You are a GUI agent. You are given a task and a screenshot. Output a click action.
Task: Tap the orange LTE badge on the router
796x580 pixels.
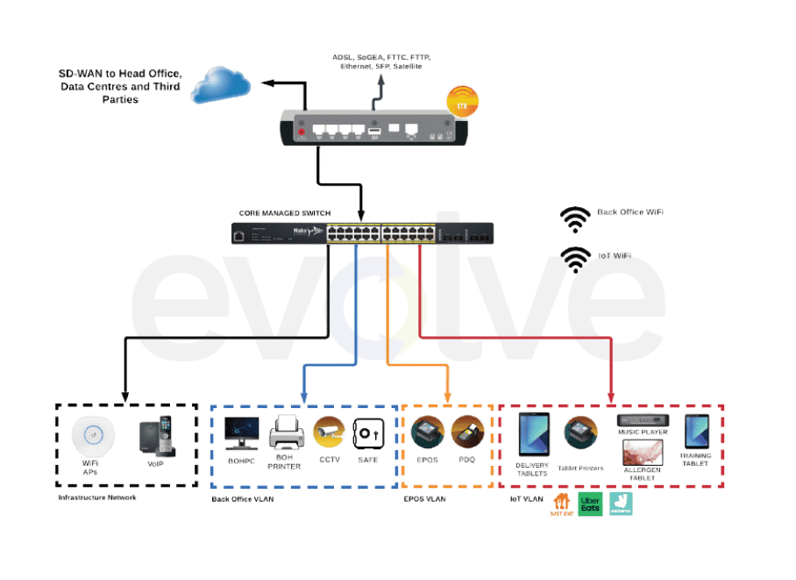point(463,101)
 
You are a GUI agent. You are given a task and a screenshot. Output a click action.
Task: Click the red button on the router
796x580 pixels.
point(302,132)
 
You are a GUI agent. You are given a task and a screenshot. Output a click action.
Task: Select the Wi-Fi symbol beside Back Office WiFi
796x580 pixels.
point(576,219)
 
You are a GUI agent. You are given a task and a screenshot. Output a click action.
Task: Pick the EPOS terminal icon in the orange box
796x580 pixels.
point(427,433)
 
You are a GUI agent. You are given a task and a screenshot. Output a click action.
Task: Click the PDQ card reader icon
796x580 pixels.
point(467,432)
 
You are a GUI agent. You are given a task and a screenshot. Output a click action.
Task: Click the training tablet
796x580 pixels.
point(697,432)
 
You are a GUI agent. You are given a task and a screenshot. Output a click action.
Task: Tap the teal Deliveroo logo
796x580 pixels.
point(621,505)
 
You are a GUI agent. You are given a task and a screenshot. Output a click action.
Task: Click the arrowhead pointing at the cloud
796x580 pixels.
point(267,85)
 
